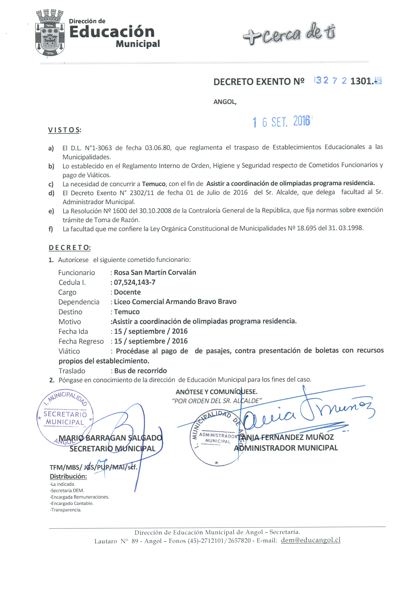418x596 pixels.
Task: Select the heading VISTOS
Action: [x=64, y=130]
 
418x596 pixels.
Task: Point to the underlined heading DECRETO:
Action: [x=69, y=248]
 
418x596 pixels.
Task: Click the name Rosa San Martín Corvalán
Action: [x=155, y=272]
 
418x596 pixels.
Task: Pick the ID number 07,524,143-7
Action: [x=135, y=282]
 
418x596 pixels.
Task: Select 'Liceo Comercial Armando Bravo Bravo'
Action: [x=175, y=302]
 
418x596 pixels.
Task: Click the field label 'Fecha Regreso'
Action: [x=81, y=341]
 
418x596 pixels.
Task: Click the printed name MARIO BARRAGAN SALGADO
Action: [x=110, y=438]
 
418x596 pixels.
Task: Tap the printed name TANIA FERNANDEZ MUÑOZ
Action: [x=286, y=437]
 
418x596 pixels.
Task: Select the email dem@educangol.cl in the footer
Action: [x=311, y=540]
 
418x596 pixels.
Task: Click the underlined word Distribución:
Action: [x=68, y=476]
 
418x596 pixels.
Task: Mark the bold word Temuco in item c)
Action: [x=154, y=184]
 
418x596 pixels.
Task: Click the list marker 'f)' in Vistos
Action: [x=51, y=229]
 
